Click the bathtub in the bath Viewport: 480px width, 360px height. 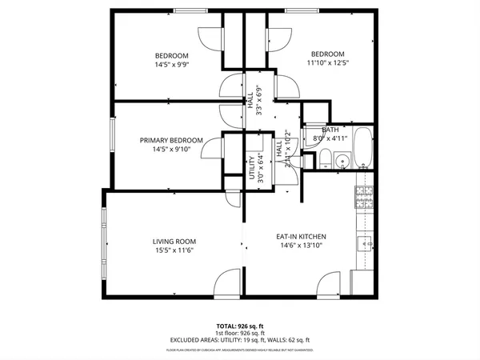click(x=362, y=148)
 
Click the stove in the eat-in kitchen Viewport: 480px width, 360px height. click(x=366, y=198)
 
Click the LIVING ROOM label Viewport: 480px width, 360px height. click(x=174, y=241)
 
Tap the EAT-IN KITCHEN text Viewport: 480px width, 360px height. click(x=302, y=237)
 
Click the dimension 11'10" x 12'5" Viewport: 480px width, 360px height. click(x=328, y=62)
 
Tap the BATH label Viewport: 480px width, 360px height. click(x=330, y=130)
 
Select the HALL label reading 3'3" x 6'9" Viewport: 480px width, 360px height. click(x=254, y=101)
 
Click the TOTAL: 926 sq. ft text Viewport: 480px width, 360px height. click(x=240, y=326)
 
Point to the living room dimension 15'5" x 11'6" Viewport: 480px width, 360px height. click(x=174, y=250)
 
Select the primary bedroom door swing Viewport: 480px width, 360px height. click(x=213, y=148)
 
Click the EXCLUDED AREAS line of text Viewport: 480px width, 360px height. click(x=240, y=339)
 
